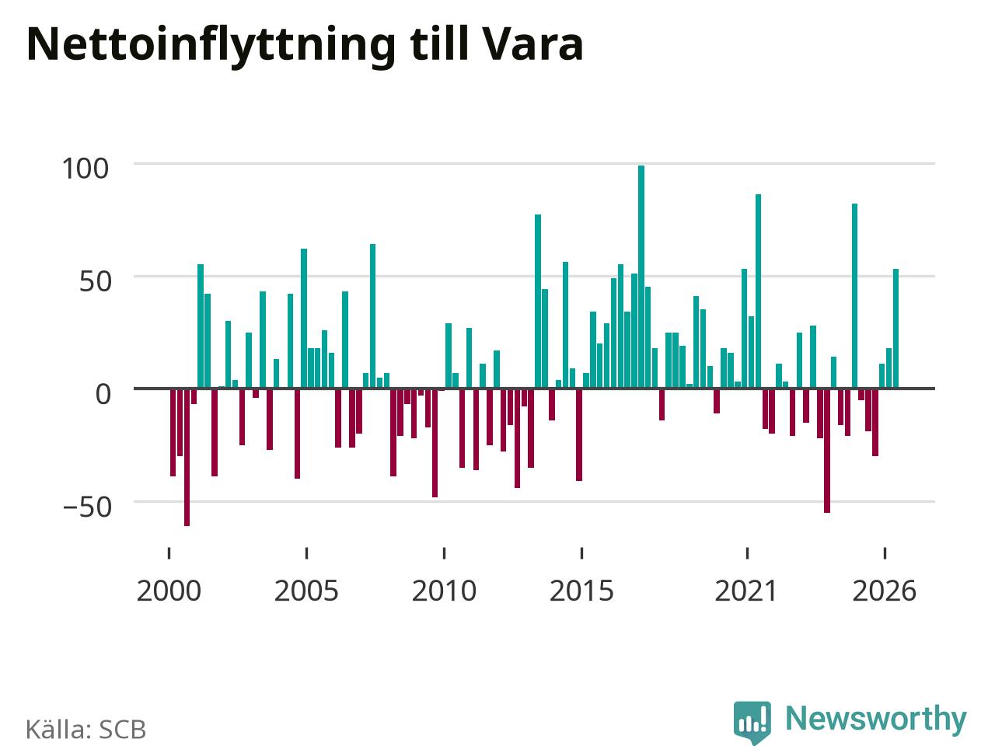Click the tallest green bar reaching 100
[641, 277]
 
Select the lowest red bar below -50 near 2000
[187, 457]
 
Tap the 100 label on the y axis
[86, 169]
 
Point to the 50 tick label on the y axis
[95, 281]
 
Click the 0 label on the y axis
[103, 394]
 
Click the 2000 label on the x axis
[169, 591]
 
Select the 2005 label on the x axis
[306, 591]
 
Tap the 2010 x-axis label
[444, 591]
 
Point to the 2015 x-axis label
[581, 591]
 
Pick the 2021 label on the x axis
[746, 591]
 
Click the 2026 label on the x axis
[885, 591]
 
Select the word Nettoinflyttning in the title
[211, 47]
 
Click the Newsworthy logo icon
[752, 722]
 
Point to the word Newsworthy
[876, 719]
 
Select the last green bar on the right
[895, 329]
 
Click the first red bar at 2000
[173, 432]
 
